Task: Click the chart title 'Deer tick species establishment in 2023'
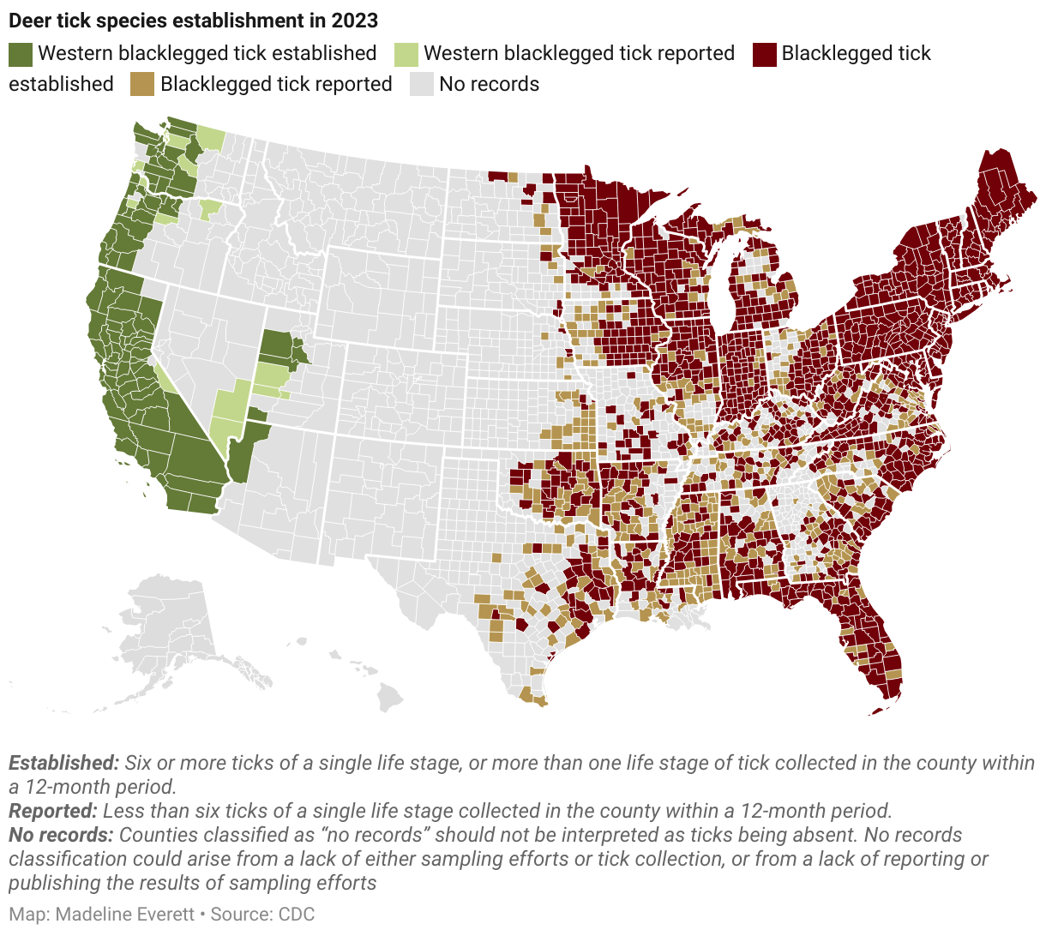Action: [193, 20]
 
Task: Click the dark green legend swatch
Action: [21, 54]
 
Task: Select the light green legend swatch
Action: [406, 54]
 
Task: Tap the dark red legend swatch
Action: [765, 54]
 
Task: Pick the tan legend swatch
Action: [142, 85]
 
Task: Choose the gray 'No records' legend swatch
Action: [421, 85]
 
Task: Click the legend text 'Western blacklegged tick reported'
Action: [579, 54]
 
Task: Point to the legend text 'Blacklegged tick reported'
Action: [276, 85]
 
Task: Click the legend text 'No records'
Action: [489, 85]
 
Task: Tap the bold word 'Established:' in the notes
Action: [63, 763]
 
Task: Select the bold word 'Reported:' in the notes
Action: [52, 811]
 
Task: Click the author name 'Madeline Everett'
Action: [125, 914]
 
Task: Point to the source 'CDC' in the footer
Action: [297, 914]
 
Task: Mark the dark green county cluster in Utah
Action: [280, 347]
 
